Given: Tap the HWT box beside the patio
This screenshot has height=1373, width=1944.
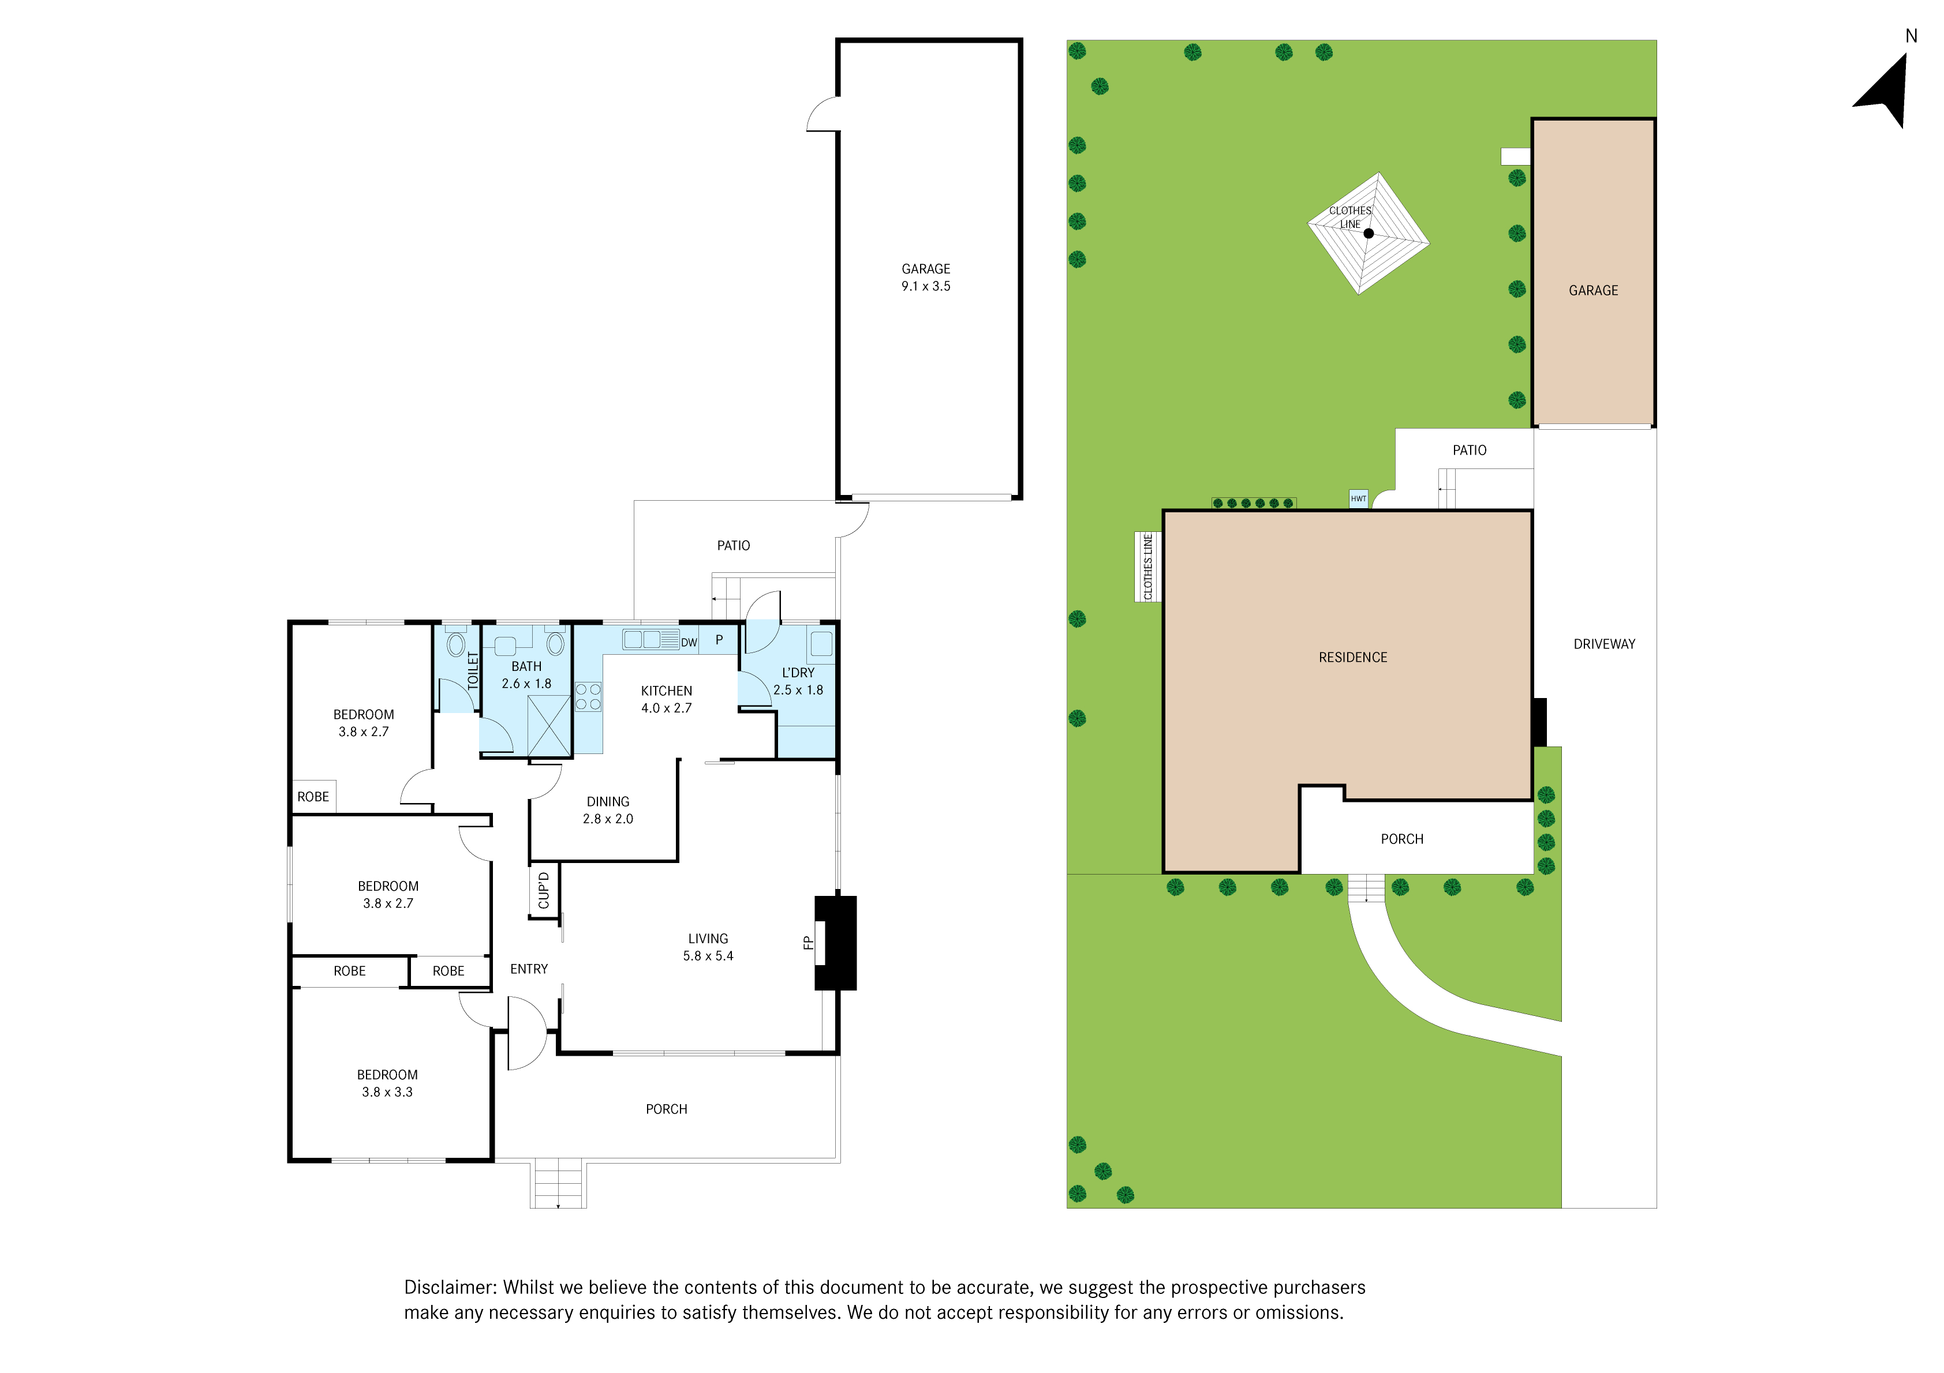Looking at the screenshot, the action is [1358, 498].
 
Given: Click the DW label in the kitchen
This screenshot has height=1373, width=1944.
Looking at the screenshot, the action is [689, 643].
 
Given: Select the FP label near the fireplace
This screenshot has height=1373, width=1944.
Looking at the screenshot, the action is [807, 942].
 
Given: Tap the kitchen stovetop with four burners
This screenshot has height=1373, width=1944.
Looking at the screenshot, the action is [588, 697].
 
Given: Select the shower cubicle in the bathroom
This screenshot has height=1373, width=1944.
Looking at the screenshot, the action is [549, 725].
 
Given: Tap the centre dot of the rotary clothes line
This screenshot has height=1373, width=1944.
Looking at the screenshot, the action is [1369, 233].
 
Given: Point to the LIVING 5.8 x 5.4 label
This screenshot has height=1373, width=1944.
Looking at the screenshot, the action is [708, 947].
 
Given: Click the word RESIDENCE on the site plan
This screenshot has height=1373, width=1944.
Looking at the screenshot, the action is [1353, 658].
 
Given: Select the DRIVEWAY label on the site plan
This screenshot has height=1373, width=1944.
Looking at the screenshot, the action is [1605, 644].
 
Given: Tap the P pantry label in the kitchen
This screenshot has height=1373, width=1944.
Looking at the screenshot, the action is [719, 640].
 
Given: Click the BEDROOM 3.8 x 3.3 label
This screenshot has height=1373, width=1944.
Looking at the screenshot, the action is [387, 1083].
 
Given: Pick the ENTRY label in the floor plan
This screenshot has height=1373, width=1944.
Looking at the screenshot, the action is [529, 969].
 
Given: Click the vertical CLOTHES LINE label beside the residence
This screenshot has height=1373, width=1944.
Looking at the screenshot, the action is [1148, 567].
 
